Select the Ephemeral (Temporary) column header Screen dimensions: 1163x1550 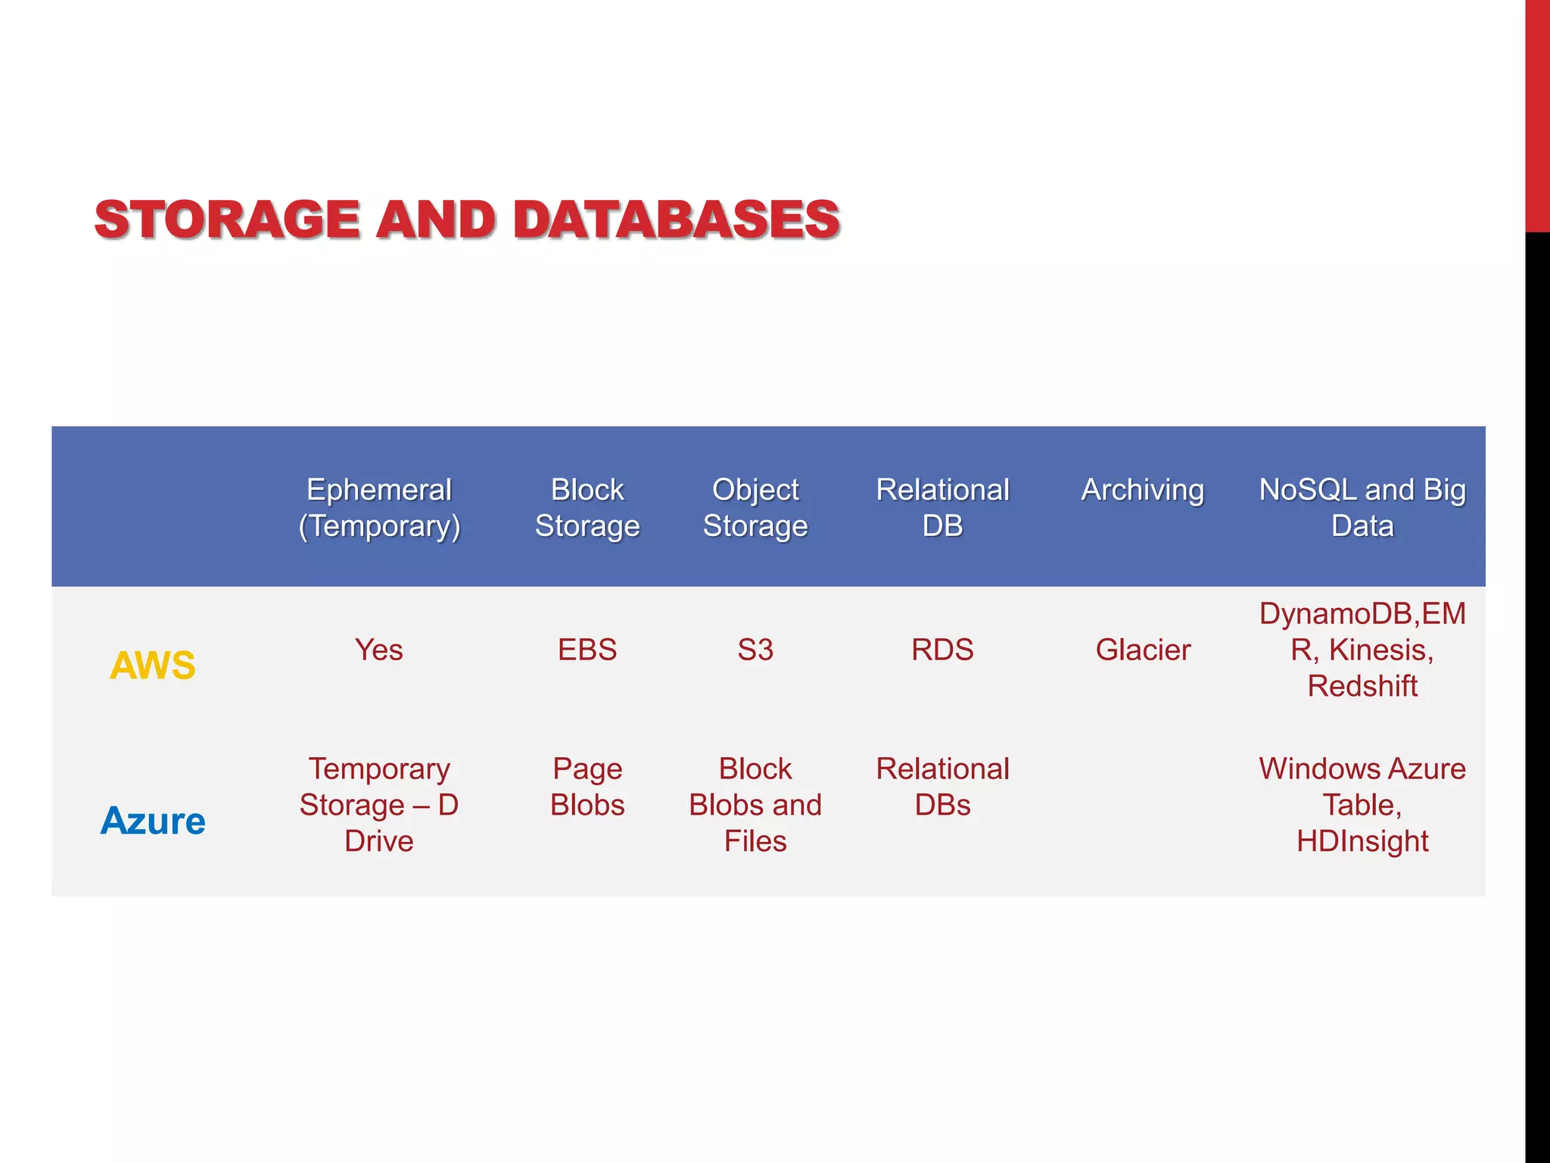[379, 507]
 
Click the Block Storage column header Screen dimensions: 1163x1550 [587, 507]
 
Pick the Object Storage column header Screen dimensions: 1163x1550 [755, 507]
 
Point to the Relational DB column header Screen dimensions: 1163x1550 [942, 507]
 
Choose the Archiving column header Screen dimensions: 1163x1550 [1142, 490]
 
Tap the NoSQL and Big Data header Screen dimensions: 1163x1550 [1362, 507]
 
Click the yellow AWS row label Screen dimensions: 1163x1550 [153, 666]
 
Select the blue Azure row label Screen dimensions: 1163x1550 [153, 821]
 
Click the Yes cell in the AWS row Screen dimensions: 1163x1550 [379, 650]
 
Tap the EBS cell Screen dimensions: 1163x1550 [587, 650]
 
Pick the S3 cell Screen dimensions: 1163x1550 [755, 650]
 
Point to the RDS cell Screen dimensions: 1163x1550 [942, 650]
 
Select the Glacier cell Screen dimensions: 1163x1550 [1143, 650]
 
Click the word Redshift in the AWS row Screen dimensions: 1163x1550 [1362, 686]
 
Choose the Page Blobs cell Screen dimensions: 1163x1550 [587, 787]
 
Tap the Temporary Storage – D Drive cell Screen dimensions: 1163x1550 [379, 805]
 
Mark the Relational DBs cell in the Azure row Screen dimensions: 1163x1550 [942, 787]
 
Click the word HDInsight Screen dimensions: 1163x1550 [1362, 841]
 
